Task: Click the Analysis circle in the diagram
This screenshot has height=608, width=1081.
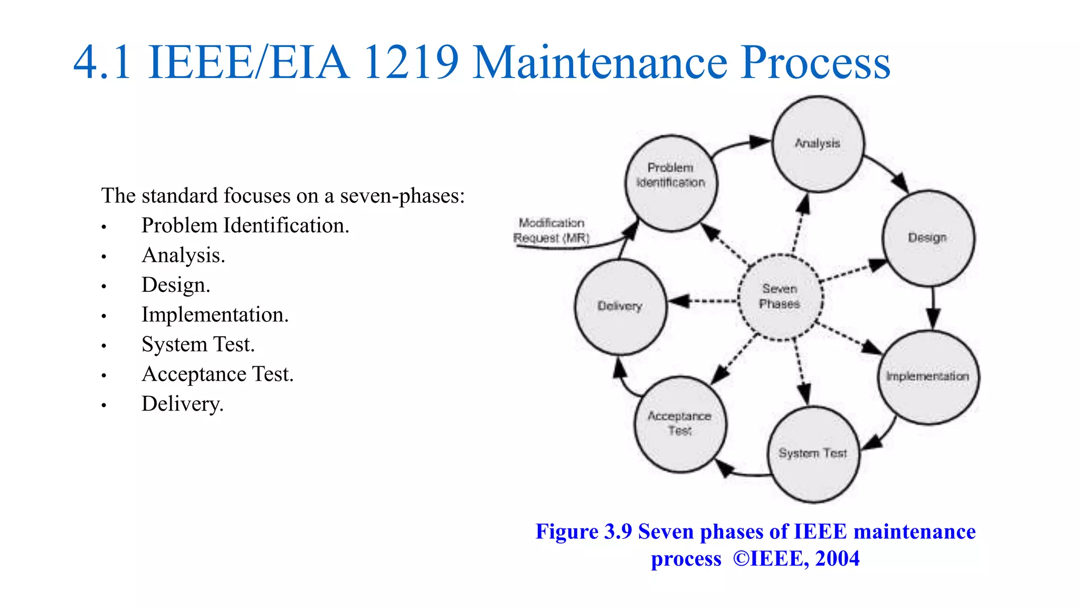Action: coord(818,144)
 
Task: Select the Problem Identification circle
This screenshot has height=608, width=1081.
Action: coord(671,183)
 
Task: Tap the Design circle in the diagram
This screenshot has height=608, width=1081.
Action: coord(928,238)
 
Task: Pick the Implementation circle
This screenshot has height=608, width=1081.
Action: coord(928,377)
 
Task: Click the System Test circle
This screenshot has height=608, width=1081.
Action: coord(813,454)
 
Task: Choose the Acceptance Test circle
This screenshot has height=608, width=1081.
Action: coord(680,424)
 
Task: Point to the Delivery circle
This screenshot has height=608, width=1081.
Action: coord(620,307)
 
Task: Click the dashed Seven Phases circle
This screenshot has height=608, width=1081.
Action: coord(780,297)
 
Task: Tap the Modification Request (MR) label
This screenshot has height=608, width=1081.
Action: coord(551,231)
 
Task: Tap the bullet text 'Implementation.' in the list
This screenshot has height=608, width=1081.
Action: coord(215,315)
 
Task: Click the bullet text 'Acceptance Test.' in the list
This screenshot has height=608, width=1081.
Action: coord(217,375)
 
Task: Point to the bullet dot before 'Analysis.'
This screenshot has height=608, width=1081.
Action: coord(104,257)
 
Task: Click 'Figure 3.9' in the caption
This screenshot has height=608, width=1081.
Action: coord(583,531)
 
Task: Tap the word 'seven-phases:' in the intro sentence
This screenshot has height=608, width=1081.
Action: coord(402,196)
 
